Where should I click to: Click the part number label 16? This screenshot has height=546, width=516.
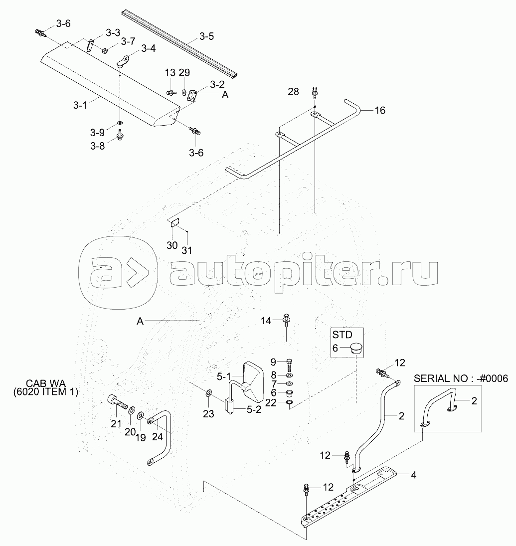pos(379,110)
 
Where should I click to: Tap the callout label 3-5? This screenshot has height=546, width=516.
pos(206,36)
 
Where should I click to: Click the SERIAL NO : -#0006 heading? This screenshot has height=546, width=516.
pos(461,379)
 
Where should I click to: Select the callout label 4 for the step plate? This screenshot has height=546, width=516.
pos(413,474)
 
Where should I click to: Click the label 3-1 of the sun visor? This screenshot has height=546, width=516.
pos(80,105)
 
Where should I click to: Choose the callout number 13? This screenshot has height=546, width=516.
pos(170,73)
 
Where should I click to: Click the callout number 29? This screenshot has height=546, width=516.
pos(184,73)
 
